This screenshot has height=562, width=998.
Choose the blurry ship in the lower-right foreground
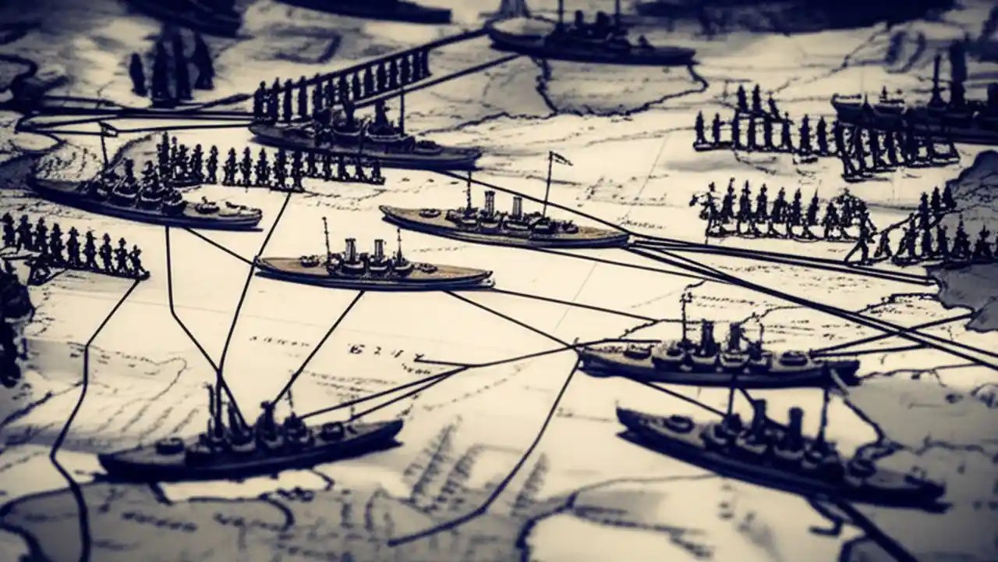pyautogui.click(x=780, y=453)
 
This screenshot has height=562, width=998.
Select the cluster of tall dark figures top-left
pyautogui.click(x=172, y=66)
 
